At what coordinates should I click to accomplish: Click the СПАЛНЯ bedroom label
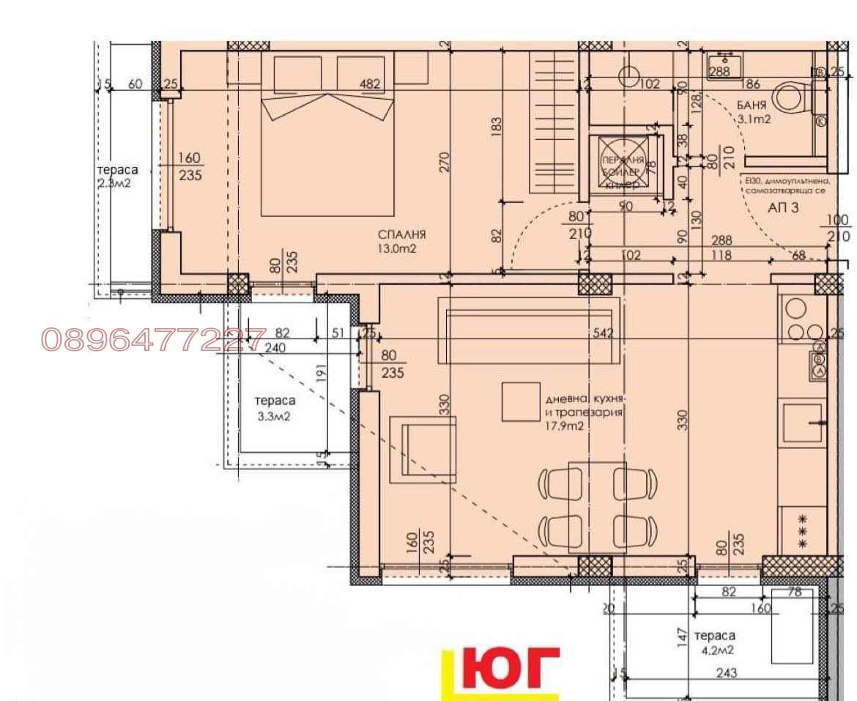click(x=402, y=234)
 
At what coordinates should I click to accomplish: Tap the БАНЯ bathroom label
click(x=752, y=105)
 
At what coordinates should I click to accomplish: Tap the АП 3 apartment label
click(x=783, y=207)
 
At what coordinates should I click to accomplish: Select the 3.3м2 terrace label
click(x=275, y=418)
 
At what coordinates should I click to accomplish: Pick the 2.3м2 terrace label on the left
click(x=114, y=183)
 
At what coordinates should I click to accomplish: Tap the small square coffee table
click(x=520, y=401)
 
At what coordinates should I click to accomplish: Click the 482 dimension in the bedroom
click(x=371, y=84)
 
